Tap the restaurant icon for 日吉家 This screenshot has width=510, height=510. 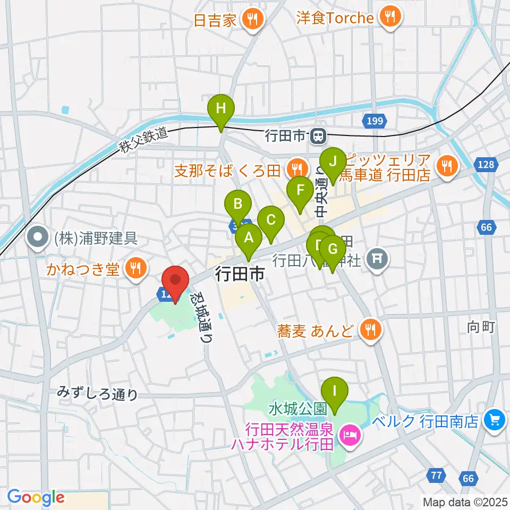coord(250,20)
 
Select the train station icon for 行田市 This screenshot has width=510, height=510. coord(319,137)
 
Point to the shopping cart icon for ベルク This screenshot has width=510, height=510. coord(494,421)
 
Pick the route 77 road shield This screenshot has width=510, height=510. coord(437,474)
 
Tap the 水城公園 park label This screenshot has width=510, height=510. coord(297,409)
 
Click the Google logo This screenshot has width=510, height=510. coord(35,498)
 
